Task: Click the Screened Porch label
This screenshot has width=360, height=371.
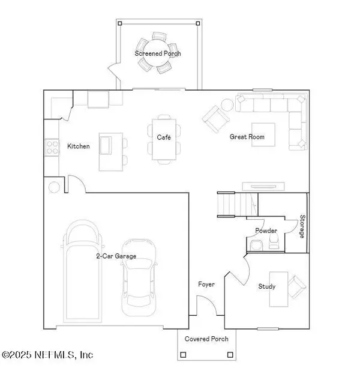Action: tap(157, 53)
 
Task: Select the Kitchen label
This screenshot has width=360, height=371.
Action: tap(79, 146)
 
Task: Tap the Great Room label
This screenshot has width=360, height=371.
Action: tap(247, 137)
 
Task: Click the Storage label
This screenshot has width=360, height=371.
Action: tap(302, 226)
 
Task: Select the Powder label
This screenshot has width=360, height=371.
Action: tap(266, 231)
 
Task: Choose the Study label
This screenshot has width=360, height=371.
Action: tap(267, 286)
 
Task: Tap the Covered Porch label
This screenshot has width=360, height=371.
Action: tap(206, 339)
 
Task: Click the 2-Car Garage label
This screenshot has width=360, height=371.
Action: tap(116, 256)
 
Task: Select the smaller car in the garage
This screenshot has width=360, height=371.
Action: tap(140, 277)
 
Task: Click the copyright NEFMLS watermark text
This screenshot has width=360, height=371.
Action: tap(47, 355)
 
